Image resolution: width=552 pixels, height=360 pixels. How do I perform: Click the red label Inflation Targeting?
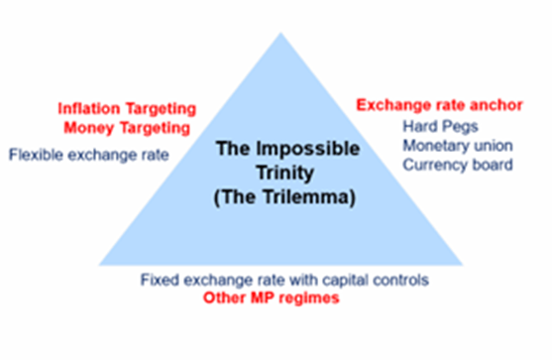(x=127, y=109)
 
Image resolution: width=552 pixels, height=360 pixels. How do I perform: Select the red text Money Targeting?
(x=127, y=128)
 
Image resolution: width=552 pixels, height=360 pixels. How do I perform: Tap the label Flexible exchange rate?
(x=89, y=155)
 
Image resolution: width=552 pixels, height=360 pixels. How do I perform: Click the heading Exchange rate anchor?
(x=439, y=105)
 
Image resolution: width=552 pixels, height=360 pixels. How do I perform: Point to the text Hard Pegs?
(x=440, y=127)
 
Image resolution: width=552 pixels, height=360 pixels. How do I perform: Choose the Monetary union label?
(x=458, y=146)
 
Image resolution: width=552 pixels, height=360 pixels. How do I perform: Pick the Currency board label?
(x=458, y=165)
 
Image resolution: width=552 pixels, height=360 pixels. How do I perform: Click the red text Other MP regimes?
(x=272, y=299)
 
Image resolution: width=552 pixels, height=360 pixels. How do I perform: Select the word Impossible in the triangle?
(x=307, y=149)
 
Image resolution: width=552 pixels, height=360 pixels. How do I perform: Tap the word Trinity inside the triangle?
(x=285, y=173)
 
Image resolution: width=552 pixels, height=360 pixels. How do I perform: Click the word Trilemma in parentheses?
(x=305, y=196)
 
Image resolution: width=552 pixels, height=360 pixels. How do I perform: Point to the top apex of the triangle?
(x=280, y=33)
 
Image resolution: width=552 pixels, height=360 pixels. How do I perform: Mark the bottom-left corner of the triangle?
(x=99, y=265)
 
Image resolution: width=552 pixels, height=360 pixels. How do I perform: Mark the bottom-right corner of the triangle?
(x=462, y=265)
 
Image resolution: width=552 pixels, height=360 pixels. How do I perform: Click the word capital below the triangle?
(x=344, y=281)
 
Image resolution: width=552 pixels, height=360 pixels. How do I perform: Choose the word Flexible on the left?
(x=36, y=155)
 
